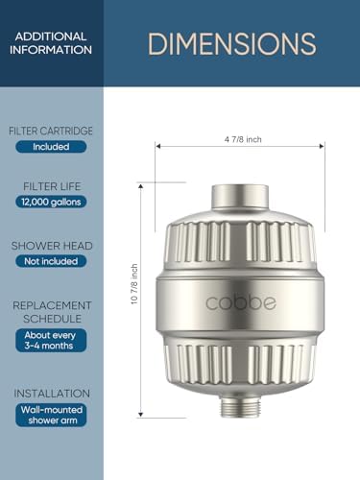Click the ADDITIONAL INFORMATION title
coord(52,43)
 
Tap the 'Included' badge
coord(51,147)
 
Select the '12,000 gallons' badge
coord(51,202)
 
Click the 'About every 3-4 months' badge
coord(51,341)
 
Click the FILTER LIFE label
coord(51,184)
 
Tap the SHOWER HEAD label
coord(51,245)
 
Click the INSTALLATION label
coord(51,393)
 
